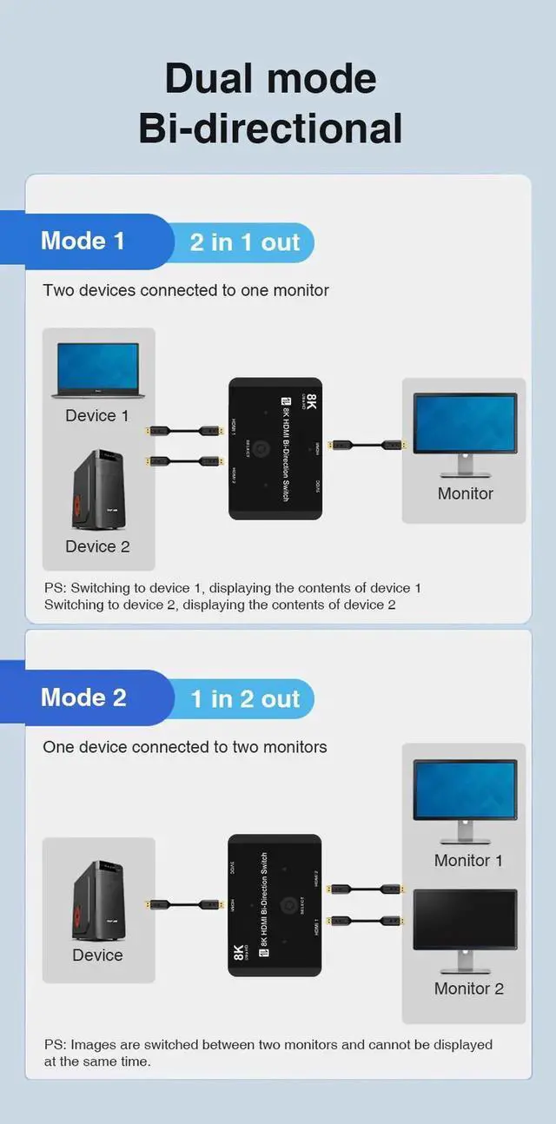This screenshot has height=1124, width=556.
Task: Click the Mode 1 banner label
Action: point(83,241)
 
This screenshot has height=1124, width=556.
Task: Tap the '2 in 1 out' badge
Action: point(244,242)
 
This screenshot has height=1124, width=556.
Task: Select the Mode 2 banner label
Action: point(83,698)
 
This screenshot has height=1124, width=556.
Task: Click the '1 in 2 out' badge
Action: point(245,699)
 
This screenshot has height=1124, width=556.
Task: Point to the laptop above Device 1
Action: point(96,371)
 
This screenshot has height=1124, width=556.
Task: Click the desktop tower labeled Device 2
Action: point(96,491)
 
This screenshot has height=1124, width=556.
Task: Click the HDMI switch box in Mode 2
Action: point(275,904)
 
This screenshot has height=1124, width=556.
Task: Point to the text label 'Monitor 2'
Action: point(468,988)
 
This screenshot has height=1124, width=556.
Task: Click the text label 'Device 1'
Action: point(96,416)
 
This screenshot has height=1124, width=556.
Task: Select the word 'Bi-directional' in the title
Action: point(270,129)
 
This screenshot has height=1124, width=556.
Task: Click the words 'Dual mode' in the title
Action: point(270,78)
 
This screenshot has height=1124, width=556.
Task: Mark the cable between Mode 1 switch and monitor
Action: point(368,446)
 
